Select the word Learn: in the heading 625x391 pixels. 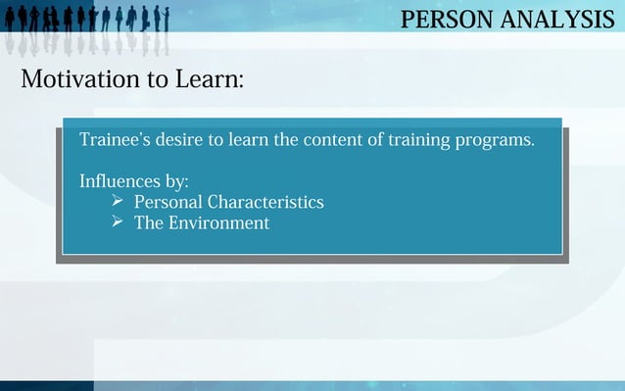click(210, 79)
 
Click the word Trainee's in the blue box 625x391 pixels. click(112, 139)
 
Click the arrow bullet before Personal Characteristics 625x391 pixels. click(117, 201)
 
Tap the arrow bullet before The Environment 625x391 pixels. click(117, 222)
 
